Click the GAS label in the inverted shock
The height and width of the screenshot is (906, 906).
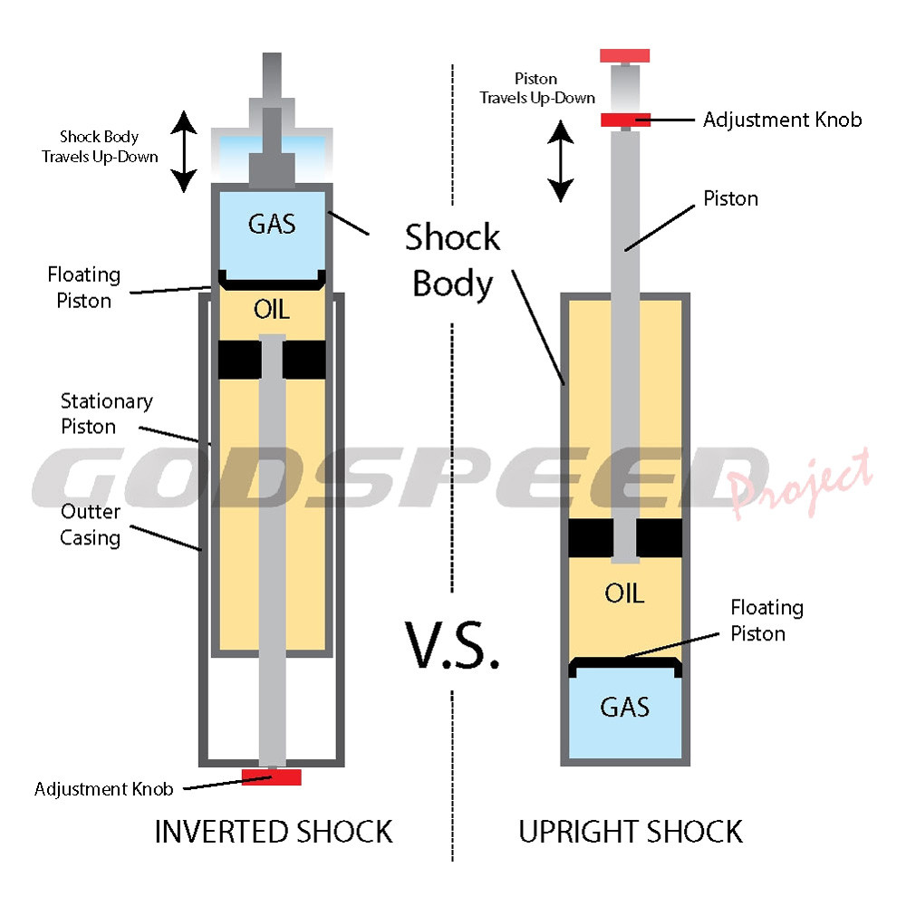[x=272, y=224]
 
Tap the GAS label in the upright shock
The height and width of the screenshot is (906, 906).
[x=624, y=707]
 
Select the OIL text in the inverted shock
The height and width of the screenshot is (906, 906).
[x=272, y=310]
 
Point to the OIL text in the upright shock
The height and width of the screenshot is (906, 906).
[x=624, y=593]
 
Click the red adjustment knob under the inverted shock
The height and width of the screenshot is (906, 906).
[x=272, y=776]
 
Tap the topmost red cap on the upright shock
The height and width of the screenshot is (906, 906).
[x=624, y=55]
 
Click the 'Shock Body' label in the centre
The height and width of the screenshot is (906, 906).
[x=453, y=260]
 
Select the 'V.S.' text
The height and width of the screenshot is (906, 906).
[x=452, y=646]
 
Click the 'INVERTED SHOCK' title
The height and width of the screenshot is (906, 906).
[x=274, y=832]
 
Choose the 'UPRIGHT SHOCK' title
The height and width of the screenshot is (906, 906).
[x=631, y=832]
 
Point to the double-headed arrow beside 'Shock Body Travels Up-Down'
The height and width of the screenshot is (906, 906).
[x=184, y=151]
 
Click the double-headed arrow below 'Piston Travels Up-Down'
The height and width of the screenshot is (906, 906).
[x=561, y=160]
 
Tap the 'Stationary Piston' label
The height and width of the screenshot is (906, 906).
[x=107, y=414]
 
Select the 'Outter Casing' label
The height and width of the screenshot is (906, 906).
[x=90, y=525]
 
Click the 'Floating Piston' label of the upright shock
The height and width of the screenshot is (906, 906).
[x=766, y=621]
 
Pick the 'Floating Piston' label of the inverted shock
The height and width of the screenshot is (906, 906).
[x=83, y=288]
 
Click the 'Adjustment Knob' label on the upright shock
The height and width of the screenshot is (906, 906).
[x=783, y=120]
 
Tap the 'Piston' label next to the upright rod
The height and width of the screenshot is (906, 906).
[x=730, y=198]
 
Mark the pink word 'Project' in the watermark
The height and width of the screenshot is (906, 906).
[x=800, y=483]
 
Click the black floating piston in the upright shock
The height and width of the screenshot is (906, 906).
[x=624, y=666]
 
